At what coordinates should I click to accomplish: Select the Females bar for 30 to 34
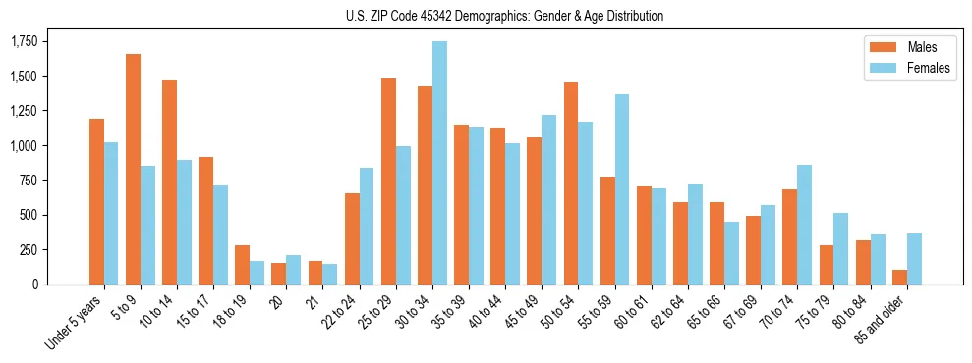[439, 163]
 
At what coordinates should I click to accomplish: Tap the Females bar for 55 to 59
[622, 189]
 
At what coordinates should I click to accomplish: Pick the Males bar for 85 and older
[899, 277]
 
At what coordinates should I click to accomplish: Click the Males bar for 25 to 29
[388, 181]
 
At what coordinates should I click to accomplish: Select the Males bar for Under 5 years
[96, 201]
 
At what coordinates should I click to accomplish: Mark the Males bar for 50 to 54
[571, 183]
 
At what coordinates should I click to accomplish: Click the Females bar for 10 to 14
[184, 222]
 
